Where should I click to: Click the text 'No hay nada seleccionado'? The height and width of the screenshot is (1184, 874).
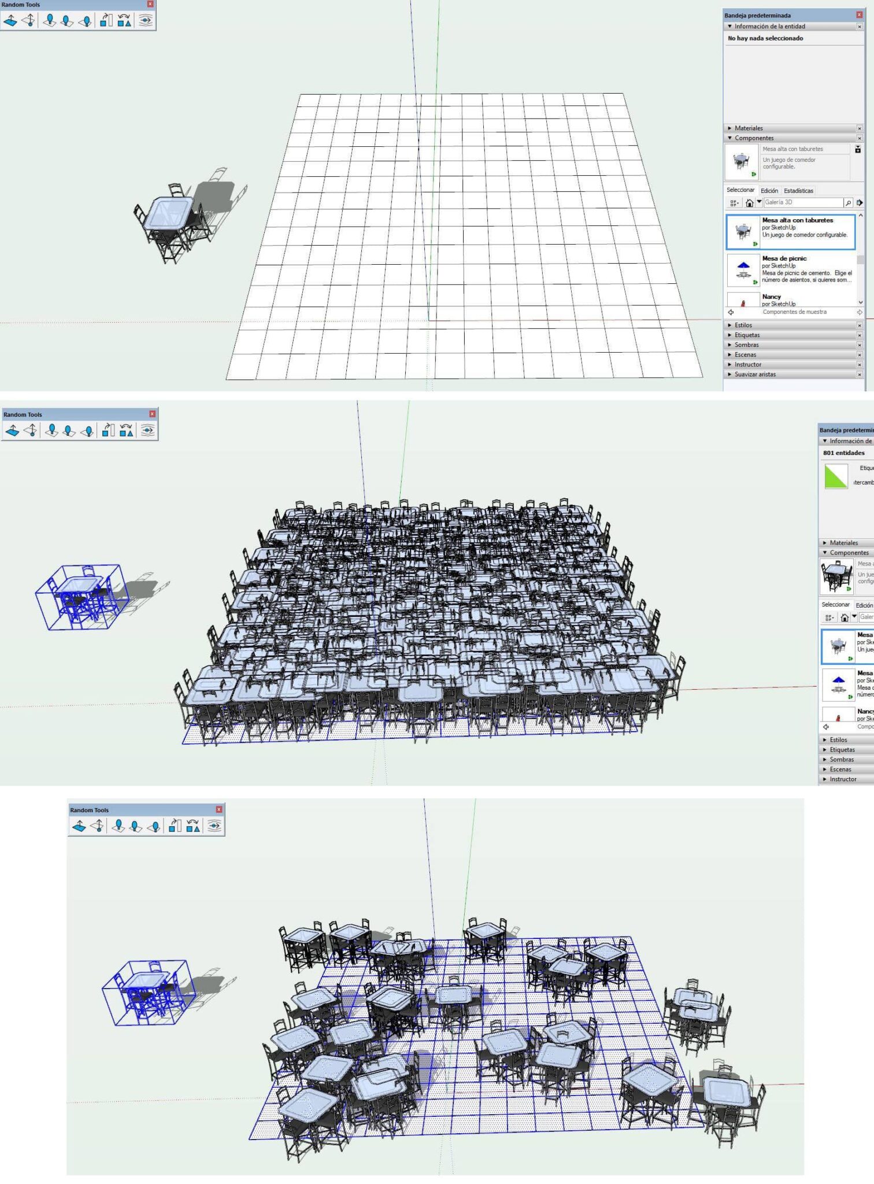point(765,38)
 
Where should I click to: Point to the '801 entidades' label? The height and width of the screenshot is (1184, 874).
point(843,453)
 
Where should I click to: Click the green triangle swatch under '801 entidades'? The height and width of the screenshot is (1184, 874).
point(836,476)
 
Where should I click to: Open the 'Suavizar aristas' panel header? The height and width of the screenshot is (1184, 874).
point(755,374)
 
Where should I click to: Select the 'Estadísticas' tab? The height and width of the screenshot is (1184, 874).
point(798,191)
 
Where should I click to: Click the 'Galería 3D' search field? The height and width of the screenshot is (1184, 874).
point(802,202)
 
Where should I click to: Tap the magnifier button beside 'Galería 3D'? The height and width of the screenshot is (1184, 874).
point(848,203)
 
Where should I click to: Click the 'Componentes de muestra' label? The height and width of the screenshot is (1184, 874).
point(794,312)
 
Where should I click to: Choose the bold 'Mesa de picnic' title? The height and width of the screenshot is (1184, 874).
point(784,258)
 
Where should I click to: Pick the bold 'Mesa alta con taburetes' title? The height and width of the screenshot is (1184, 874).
point(797,220)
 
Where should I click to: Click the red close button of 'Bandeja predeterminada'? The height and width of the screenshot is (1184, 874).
point(859,15)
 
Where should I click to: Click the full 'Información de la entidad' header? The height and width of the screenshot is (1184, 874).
point(769,27)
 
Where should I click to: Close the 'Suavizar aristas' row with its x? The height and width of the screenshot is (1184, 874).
point(860,375)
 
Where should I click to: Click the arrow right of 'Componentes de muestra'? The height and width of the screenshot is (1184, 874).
point(860,312)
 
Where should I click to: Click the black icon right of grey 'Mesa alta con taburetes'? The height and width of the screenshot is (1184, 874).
point(858,149)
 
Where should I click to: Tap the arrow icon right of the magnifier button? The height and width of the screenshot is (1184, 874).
point(860,203)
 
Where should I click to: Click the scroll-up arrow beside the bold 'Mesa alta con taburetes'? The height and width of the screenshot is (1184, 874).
point(861,216)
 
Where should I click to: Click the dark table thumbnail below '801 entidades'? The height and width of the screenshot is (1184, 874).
point(836,577)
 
